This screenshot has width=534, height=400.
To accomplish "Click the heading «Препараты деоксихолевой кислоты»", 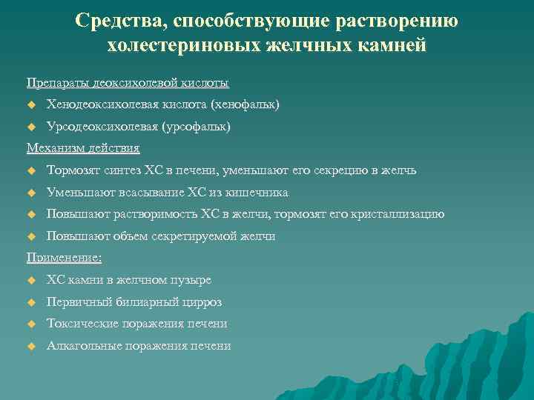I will (128, 82).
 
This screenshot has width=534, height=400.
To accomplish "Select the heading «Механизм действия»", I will (83, 148).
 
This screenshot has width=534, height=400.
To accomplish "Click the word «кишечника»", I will (257, 193).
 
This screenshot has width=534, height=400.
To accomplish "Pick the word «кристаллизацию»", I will (399, 215).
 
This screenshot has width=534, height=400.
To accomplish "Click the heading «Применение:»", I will (65, 258).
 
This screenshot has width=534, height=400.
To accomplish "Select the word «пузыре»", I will (192, 280).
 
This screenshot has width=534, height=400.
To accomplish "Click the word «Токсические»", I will (82, 324).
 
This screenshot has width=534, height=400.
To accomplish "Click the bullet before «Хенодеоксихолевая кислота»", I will (31, 105).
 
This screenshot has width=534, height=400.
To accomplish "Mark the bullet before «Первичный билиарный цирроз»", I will (31, 302).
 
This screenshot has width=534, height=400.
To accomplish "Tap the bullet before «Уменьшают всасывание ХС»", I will (31, 193).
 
